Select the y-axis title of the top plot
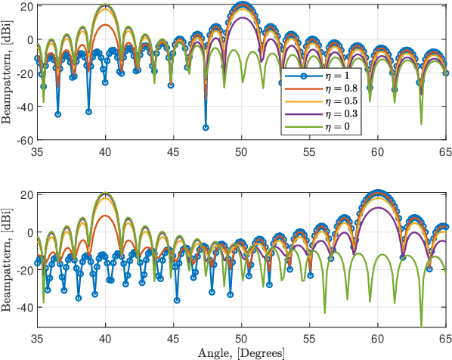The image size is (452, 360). pyautogui.click(x=6, y=73)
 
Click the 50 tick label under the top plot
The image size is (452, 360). pyautogui.click(x=241, y=151)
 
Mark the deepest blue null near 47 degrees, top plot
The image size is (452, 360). pyautogui.click(x=206, y=127)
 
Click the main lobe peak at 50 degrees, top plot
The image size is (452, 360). pyautogui.click(x=242, y=6)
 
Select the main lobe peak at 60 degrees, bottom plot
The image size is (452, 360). pyautogui.click(x=377, y=194)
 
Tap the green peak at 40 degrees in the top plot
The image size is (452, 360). pyautogui.click(x=106, y=6)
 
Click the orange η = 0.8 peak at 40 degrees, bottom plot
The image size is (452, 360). pyautogui.click(x=106, y=216)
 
